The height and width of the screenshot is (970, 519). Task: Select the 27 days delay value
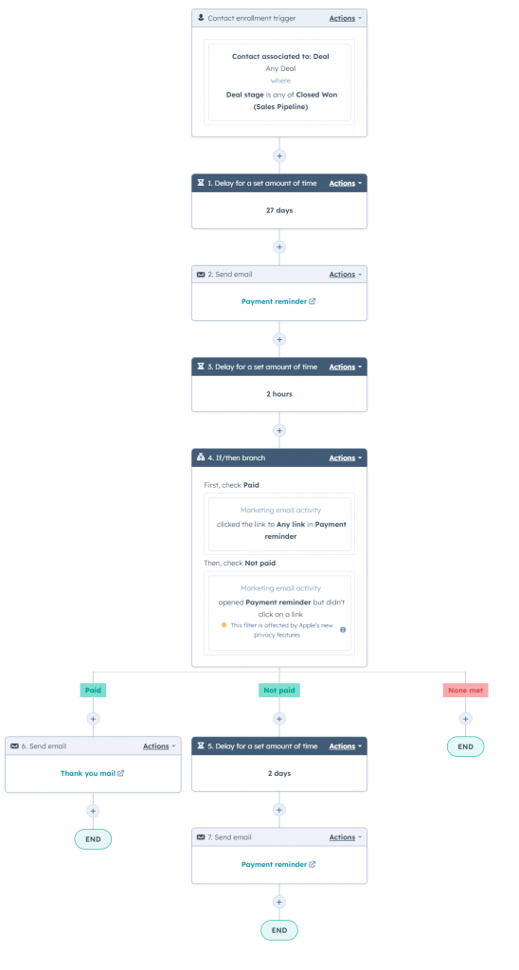[279, 210]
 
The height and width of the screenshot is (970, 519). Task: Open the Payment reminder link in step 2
[278, 301]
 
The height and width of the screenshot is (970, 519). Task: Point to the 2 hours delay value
[279, 393]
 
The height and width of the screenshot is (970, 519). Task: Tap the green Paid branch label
[93, 691]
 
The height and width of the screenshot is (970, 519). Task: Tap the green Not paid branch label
[279, 691]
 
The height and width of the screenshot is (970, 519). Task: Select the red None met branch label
[465, 691]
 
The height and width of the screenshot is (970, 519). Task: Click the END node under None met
[465, 746]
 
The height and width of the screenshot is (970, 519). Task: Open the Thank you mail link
[92, 773]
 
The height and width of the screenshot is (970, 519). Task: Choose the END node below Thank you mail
[93, 838]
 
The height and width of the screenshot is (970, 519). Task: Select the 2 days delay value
[279, 773]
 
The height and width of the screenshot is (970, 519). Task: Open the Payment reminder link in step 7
[278, 864]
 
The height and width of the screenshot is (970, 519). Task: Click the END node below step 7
[279, 930]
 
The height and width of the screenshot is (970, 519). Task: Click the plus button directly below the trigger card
[279, 155]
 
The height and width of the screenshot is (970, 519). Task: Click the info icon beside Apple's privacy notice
[343, 629]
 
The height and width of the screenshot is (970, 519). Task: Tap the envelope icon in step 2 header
[200, 275]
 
